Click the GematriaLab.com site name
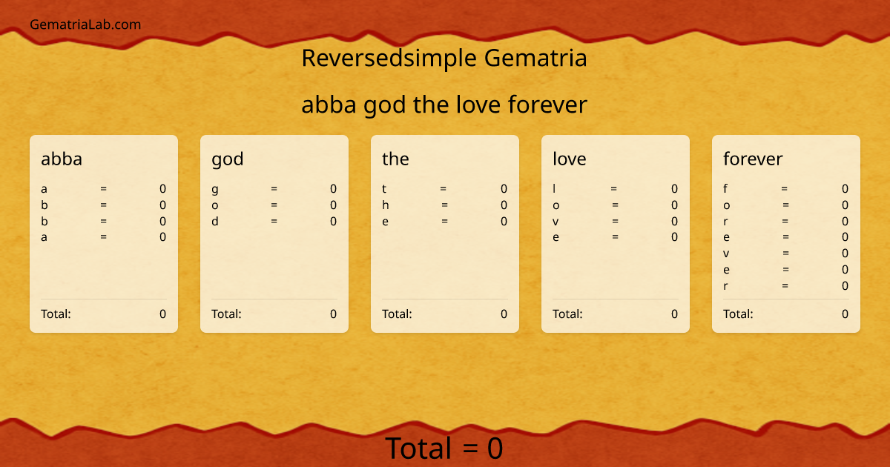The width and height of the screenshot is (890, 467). pos(85,24)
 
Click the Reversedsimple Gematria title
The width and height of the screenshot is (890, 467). pos(444,58)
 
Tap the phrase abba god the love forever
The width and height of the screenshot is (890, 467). pos(444,105)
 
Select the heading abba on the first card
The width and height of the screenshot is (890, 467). pos(62,159)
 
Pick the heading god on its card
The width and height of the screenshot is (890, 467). pos(228,159)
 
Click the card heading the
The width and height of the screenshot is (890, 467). pos(395,159)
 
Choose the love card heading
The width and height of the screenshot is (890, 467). pos(570,159)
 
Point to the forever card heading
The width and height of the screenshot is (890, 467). pos(753,159)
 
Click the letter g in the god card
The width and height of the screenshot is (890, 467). pos(215,190)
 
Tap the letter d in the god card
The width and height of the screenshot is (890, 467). pos(215,221)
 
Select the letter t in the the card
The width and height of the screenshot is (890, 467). pos(384,189)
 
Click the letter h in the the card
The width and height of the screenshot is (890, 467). pos(386,205)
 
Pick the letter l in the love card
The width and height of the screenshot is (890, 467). pos(554,189)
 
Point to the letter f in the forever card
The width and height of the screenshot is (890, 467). pos(725,189)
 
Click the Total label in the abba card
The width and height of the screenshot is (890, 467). pos(56,314)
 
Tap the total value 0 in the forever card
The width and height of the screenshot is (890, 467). pos(845,314)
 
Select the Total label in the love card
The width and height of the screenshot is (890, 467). pos(567,314)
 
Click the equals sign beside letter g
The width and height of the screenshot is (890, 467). pos(274,189)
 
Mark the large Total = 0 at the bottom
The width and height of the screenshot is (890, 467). pos(444,448)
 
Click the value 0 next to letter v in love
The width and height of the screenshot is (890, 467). pos(674,221)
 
